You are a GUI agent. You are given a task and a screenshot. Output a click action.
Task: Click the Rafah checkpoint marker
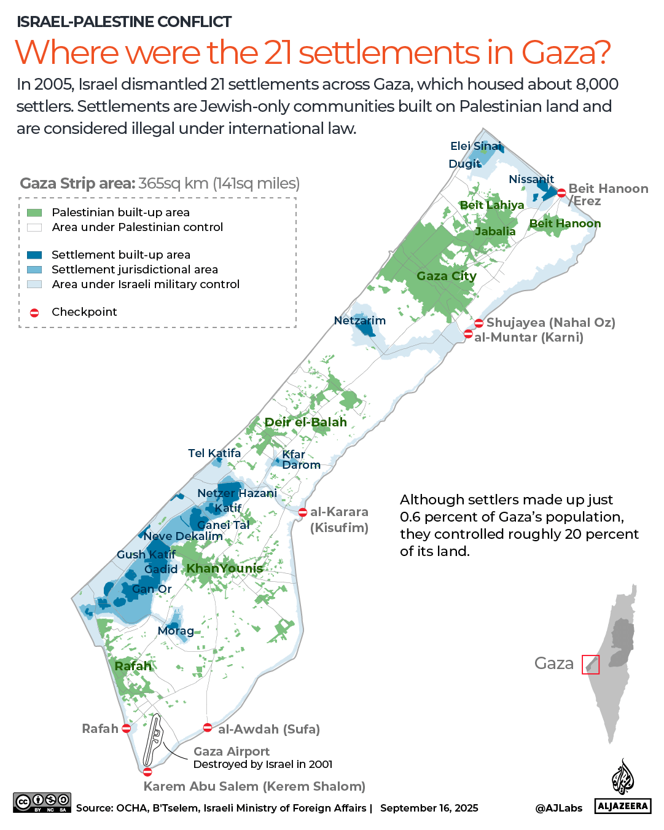[x=126, y=729]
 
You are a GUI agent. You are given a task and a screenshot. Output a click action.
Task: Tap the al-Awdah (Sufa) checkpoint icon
[x=208, y=728]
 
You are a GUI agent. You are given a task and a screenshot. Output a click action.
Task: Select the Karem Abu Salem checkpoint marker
[x=147, y=772]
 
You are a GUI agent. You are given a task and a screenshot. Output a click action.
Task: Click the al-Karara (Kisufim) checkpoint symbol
[x=303, y=512]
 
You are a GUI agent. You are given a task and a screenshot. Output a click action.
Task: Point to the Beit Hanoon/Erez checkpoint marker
[x=561, y=193]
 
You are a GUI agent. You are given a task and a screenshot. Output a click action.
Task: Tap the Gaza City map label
[x=447, y=276]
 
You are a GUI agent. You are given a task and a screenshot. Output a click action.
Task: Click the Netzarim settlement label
[x=360, y=320]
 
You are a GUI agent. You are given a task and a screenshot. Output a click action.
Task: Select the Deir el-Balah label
[x=305, y=422]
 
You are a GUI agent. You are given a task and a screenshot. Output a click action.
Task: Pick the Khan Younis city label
[x=224, y=568]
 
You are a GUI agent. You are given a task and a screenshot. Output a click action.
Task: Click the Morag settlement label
[x=176, y=631]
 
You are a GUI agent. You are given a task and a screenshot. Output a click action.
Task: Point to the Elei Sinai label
[x=475, y=146]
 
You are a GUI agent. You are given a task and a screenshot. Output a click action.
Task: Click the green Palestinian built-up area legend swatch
[x=34, y=213]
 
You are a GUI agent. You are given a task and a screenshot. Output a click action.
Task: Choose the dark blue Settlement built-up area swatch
[x=34, y=255]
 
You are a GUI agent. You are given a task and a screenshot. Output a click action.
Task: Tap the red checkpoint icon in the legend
[x=34, y=313]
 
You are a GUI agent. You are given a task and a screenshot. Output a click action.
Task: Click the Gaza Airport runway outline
[x=152, y=740]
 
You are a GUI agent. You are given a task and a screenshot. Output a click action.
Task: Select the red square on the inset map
[x=590, y=664]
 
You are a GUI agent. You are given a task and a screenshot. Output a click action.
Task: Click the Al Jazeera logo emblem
[x=622, y=777]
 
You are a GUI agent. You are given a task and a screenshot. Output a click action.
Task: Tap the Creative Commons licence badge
[x=42, y=802]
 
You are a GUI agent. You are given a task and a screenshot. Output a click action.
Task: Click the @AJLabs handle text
[x=558, y=808]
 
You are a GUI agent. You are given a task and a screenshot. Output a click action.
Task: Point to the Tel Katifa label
[x=214, y=453]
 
